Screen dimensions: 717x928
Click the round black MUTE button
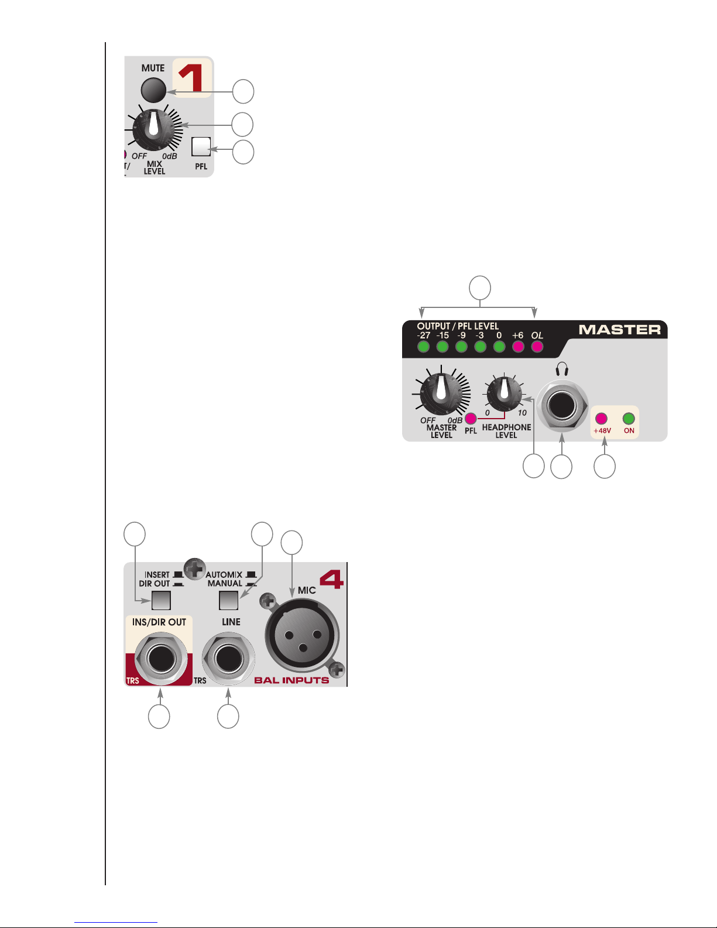click(x=153, y=90)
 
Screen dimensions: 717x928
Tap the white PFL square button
click(x=201, y=146)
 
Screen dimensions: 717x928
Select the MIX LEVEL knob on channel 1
click(x=153, y=129)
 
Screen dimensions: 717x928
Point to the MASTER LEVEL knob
click(x=441, y=394)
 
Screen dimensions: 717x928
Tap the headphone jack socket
click(x=562, y=405)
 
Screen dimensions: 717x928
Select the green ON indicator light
click(x=629, y=418)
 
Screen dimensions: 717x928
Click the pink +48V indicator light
click(x=601, y=418)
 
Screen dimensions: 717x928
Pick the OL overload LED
click(x=537, y=347)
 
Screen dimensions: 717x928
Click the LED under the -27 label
click(x=423, y=347)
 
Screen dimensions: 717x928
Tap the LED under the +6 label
click(x=518, y=347)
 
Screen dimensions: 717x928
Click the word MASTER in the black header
click(x=620, y=330)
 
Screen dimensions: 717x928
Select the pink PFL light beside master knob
click(x=471, y=418)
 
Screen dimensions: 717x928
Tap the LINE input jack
click(x=228, y=658)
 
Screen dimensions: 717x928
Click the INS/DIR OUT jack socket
click(x=161, y=658)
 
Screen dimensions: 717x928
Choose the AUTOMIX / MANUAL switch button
click(x=228, y=601)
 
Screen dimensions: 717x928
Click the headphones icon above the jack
click(x=562, y=369)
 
